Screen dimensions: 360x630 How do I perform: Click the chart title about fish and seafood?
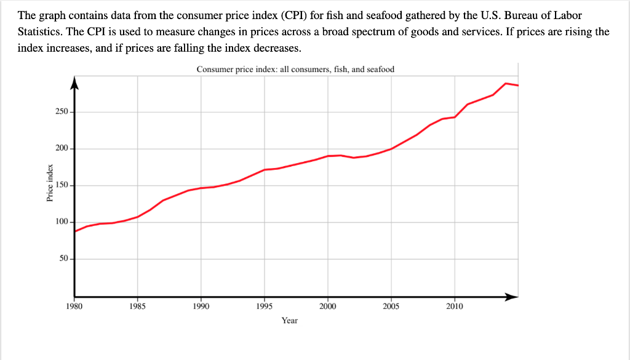pyautogui.click(x=295, y=70)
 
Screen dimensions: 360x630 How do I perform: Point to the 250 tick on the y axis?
pyautogui.click(x=62, y=112)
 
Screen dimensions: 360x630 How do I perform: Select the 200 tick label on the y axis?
pyautogui.click(x=62, y=149)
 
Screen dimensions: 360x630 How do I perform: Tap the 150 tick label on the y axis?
pyautogui.click(x=62, y=185)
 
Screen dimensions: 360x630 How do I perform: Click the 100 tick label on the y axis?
pyautogui.click(x=62, y=222)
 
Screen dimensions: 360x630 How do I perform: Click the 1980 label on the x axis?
pyautogui.click(x=74, y=306)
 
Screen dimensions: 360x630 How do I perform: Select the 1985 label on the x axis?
pyautogui.click(x=137, y=306)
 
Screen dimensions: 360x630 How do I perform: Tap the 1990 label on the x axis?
pyautogui.click(x=201, y=306)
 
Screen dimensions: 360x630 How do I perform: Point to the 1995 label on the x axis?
pyautogui.click(x=264, y=306)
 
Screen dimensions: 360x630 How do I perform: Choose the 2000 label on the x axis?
pyautogui.click(x=327, y=306)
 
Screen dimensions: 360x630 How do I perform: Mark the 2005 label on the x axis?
pyautogui.click(x=391, y=306)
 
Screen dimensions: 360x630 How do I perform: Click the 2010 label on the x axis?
pyautogui.click(x=454, y=306)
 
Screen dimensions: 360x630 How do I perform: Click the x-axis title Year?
pyautogui.click(x=290, y=321)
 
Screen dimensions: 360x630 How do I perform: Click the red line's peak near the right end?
pyautogui.click(x=506, y=83)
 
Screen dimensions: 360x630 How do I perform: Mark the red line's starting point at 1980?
pyautogui.click(x=75, y=231)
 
